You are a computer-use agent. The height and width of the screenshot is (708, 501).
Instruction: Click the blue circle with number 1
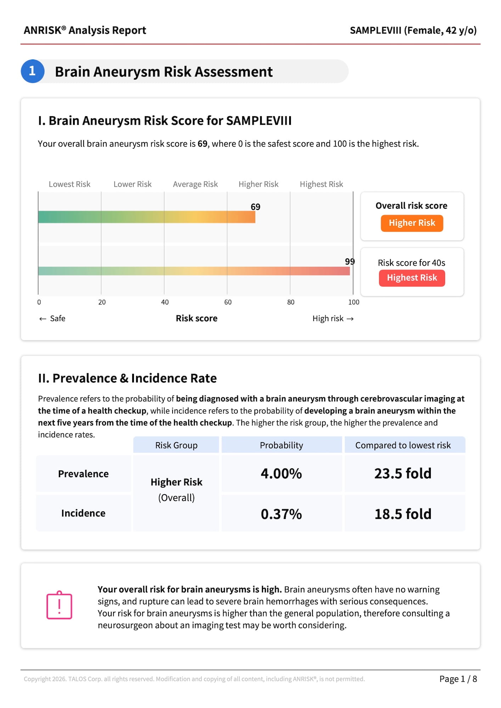coord(33,71)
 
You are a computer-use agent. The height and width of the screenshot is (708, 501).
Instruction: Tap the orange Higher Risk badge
coord(412,223)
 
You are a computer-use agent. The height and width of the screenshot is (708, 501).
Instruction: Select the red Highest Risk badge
coord(412,278)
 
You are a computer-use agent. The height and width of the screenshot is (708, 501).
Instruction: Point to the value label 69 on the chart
coord(255,207)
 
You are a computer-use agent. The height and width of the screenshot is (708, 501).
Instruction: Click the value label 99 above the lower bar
coord(350,262)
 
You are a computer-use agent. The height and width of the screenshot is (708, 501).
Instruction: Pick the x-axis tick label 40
coord(165,302)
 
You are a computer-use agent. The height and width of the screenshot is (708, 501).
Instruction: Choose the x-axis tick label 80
coord(291,302)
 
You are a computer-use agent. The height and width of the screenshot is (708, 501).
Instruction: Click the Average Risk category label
coord(195,184)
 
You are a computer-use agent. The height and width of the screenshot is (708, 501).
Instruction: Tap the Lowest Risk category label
coord(69,184)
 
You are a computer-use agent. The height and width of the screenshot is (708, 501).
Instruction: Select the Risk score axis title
coord(197,319)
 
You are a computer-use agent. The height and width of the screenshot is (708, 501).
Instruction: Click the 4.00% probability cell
coord(281,474)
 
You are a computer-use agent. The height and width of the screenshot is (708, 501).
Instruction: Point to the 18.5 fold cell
coord(403,514)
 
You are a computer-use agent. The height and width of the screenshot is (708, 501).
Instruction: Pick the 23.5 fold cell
coord(403,474)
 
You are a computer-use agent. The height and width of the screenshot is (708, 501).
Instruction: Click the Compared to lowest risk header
coord(403,445)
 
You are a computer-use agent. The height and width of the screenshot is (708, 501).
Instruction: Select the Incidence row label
coord(83,513)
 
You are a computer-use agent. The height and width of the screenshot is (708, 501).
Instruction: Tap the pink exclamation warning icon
coord(59,605)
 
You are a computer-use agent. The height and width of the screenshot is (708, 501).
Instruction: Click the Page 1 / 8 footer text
coord(458,679)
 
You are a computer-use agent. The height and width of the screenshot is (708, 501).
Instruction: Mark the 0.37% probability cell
coord(281,514)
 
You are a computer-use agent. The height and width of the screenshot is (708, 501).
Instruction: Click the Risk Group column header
coord(176,445)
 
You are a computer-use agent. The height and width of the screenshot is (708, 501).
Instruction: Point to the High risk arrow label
coord(333,319)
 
